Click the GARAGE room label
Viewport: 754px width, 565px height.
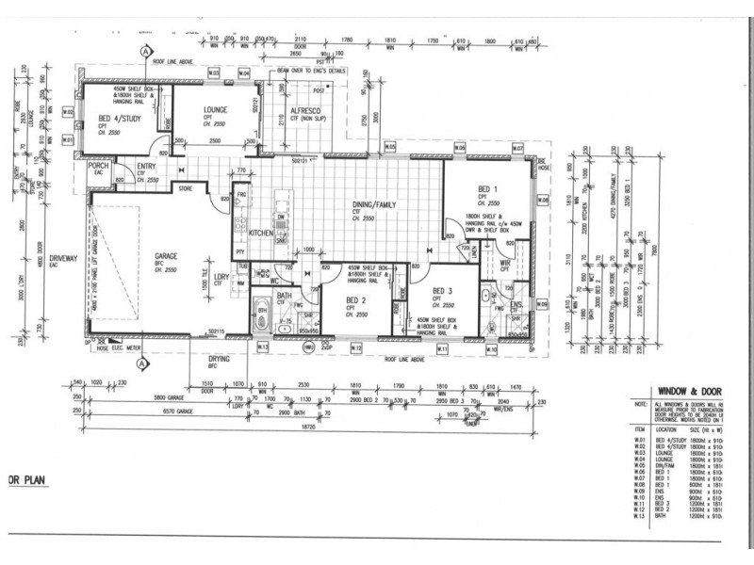154,254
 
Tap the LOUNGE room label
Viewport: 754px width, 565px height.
215,109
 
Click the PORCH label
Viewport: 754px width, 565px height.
98,166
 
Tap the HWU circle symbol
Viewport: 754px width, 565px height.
307,347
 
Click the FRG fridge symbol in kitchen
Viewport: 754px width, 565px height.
241,196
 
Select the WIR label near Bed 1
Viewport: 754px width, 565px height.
505,265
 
